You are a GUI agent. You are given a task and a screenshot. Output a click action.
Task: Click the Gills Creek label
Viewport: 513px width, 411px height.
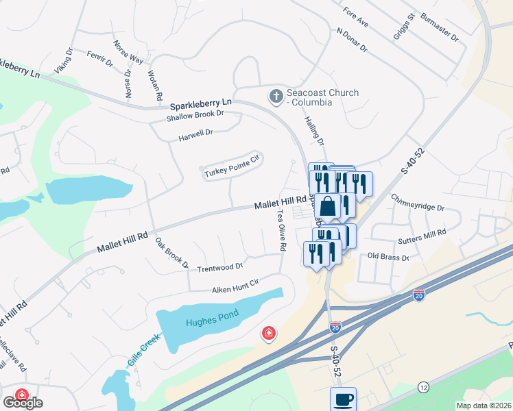pos(144,347)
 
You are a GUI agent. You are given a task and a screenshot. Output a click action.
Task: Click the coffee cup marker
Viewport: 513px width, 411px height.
pos(343,399)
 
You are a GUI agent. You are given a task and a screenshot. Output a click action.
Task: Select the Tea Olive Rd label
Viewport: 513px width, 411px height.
pos(281,229)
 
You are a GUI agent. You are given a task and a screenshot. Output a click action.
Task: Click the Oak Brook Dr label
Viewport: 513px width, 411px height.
pos(171,252)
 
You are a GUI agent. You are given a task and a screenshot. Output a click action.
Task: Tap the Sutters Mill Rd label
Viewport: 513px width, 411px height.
pos(422,238)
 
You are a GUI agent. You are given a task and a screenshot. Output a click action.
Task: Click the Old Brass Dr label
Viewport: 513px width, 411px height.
pos(388,257)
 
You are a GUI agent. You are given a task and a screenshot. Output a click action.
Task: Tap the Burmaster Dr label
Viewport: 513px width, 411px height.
pos(440,27)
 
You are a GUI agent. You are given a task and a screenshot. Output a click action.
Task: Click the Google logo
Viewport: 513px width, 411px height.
pos(22,403)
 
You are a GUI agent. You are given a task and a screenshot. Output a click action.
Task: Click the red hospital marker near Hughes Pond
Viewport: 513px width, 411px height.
pos(269,334)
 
